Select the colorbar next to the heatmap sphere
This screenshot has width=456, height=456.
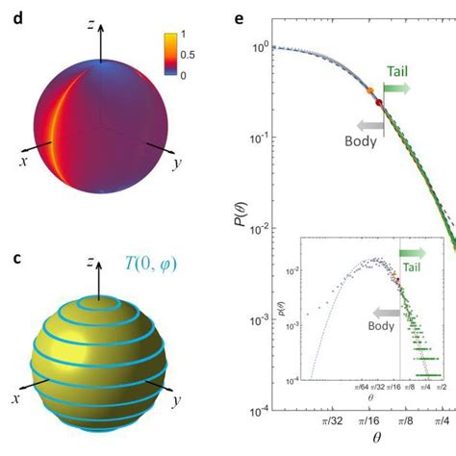pyautogui.click(x=169, y=55)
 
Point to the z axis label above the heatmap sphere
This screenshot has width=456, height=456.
pyautogui.click(x=90, y=26)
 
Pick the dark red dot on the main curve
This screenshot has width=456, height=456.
pyautogui.click(x=378, y=102)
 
